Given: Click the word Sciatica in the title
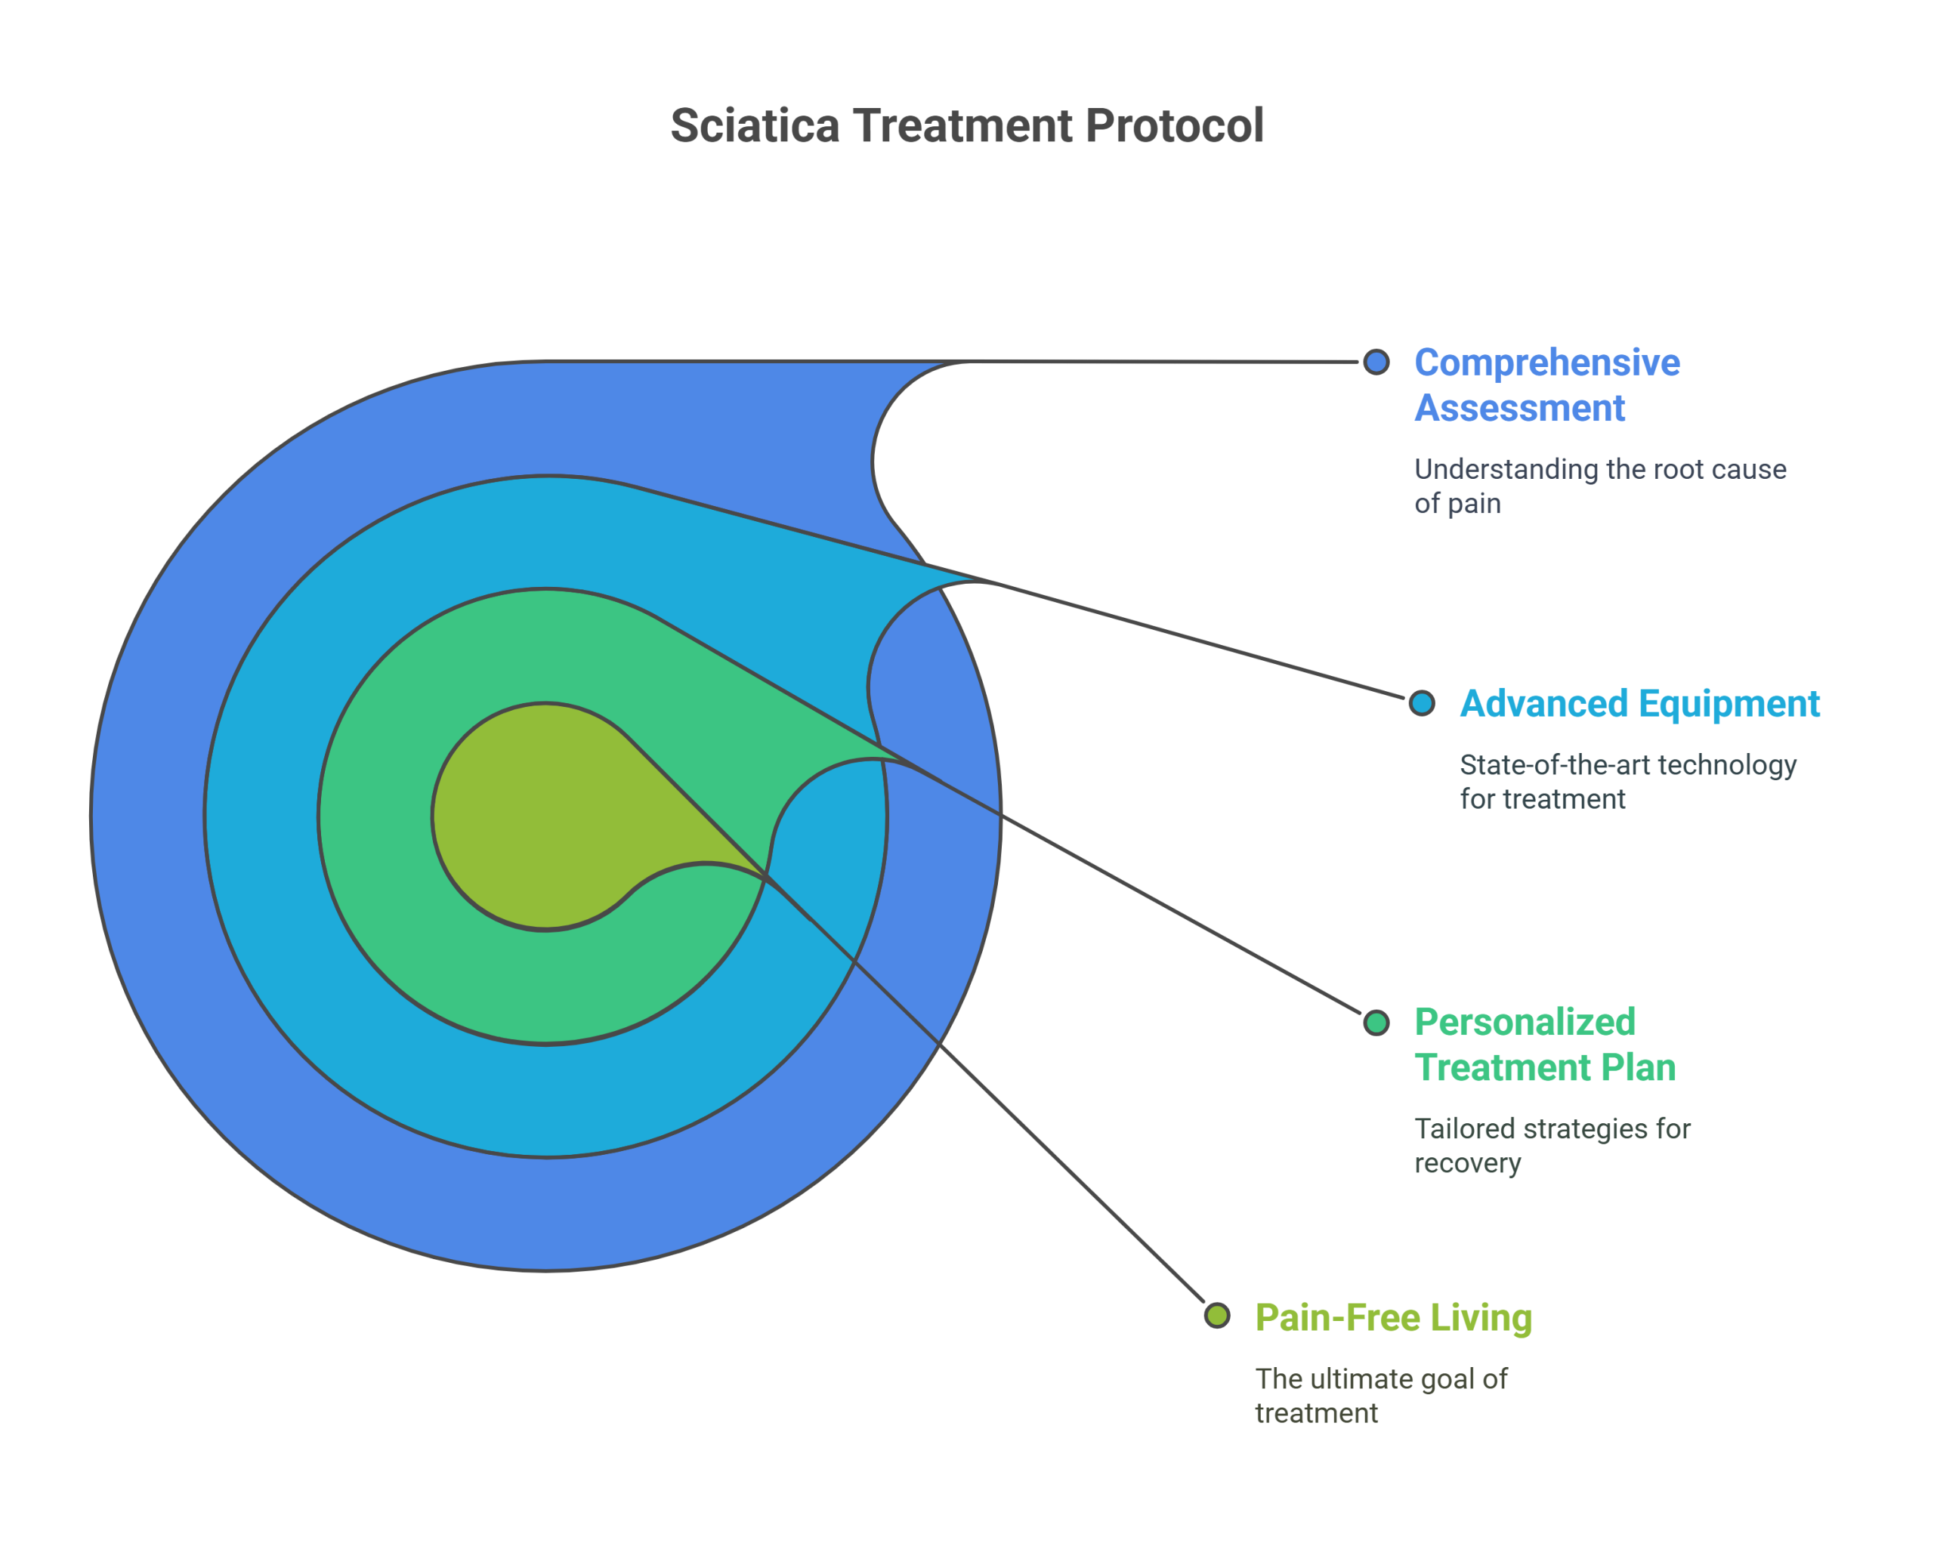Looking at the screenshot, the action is tap(755, 125).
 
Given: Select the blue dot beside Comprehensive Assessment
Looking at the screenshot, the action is tap(1376, 363).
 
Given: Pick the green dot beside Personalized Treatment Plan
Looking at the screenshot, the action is tap(1376, 1023).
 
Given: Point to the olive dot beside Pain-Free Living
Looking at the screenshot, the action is tap(1217, 1316).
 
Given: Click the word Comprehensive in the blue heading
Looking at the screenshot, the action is tap(1546, 363).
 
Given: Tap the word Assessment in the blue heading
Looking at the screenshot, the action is tap(1519, 409).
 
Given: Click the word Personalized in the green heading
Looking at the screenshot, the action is tap(1525, 1023).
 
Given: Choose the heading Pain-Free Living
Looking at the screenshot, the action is tap(1393, 1318).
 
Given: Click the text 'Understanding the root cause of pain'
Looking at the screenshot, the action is tap(1600, 486).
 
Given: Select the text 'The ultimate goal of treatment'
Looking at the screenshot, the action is tap(1381, 1397).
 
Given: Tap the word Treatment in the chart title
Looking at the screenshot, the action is tap(963, 125).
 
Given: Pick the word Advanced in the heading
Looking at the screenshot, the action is tap(1543, 705).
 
